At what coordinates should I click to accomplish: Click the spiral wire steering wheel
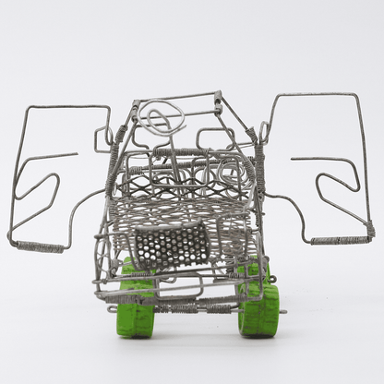(x=162, y=118)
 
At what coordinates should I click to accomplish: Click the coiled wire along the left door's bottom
(x=39, y=247)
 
